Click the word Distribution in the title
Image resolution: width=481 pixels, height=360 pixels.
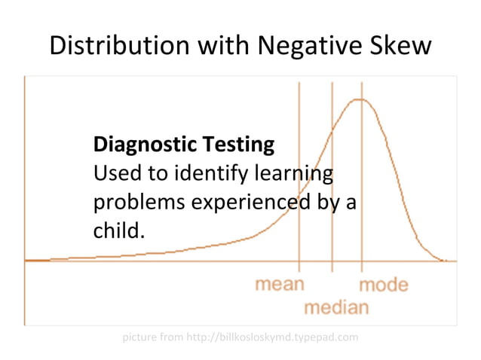[118, 45]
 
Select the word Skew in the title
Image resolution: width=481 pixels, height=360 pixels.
[401, 45]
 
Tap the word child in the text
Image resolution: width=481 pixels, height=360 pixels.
[115, 231]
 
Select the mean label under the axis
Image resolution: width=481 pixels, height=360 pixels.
[280, 285]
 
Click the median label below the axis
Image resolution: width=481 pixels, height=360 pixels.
[336, 307]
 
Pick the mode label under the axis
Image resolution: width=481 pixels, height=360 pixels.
[383, 285]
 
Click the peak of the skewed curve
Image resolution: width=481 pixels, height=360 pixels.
[361, 99]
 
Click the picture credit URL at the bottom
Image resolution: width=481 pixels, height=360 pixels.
[287, 336]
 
